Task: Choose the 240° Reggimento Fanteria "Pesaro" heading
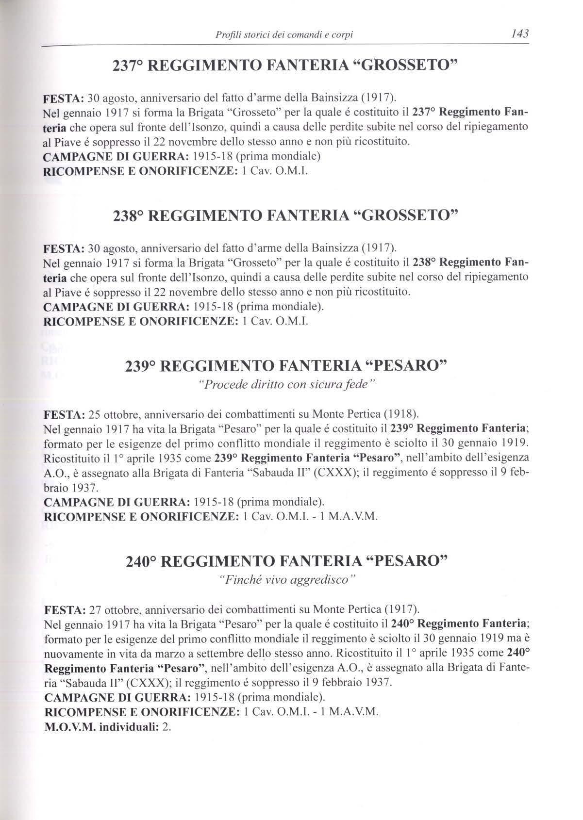click(x=286, y=562)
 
